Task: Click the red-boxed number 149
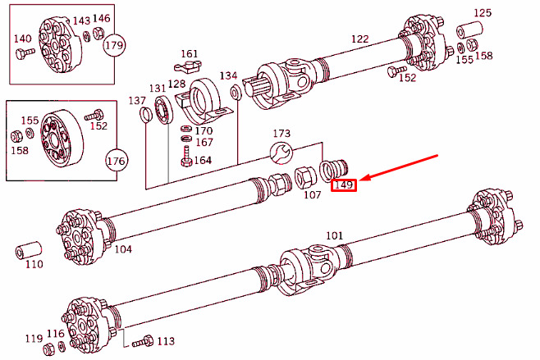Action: [x=343, y=185]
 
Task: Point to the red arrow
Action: [x=402, y=168]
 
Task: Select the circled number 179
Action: [x=114, y=45]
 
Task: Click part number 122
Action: [x=360, y=39]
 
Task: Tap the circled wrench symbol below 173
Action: [x=281, y=152]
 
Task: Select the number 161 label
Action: [x=190, y=54]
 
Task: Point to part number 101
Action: [x=334, y=236]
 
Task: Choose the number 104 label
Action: [x=122, y=248]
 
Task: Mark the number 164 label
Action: [x=203, y=160]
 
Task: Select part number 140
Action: [x=22, y=39]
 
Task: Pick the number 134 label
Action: [x=228, y=75]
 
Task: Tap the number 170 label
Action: [x=203, y=130]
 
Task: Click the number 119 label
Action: [x=33, y=339]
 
